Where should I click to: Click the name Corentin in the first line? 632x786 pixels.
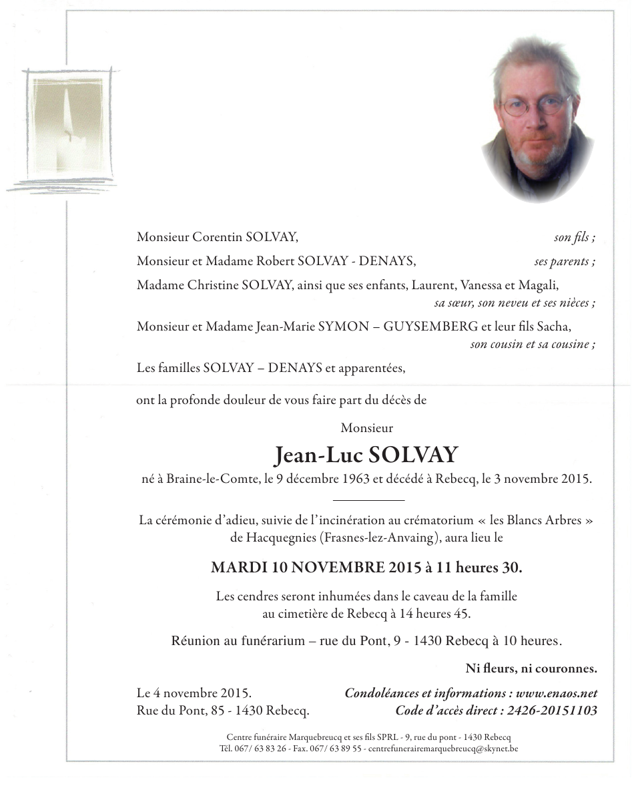point(218,236)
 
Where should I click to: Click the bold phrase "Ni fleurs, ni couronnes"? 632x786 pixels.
point(531,668)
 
